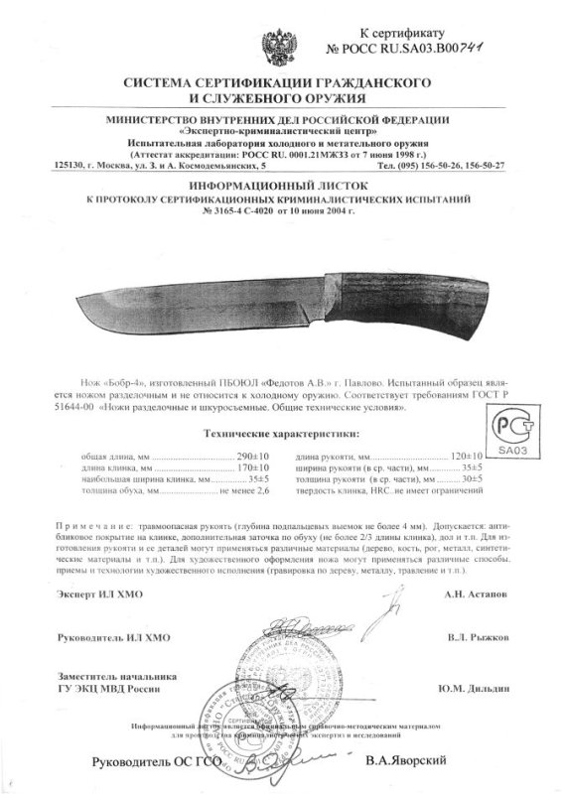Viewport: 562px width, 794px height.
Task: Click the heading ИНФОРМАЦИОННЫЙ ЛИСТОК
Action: (x=280, y=185)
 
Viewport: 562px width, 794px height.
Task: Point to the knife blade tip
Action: (x=76, y=304)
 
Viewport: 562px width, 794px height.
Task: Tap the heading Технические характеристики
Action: (x=280, y=434)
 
